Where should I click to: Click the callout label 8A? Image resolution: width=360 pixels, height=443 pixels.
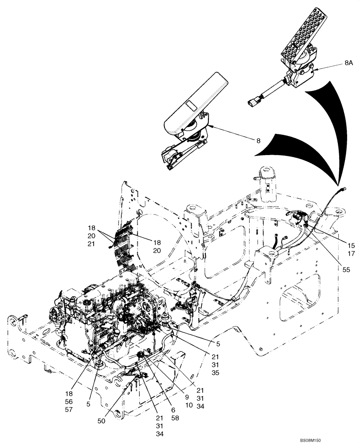(x=348, y=64)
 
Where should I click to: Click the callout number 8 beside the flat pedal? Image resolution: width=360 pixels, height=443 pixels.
(x=258, y=141)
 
